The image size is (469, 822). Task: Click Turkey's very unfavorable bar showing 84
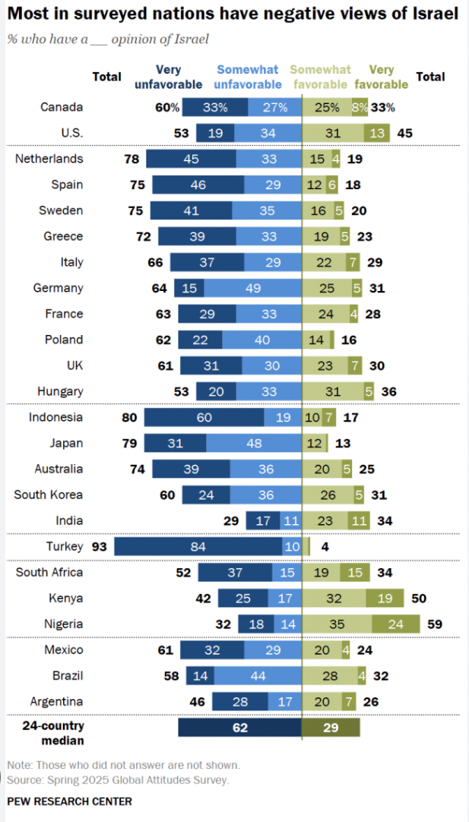198,546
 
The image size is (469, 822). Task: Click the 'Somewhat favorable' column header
321,77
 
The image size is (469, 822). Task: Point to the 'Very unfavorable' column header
168,77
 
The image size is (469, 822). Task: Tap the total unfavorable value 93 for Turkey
99,546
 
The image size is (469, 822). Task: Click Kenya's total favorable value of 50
418,598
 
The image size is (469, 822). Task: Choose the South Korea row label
48,495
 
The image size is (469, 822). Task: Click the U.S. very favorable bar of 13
376,133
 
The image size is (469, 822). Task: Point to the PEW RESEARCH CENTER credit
69,801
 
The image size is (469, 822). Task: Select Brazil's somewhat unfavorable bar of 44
258,675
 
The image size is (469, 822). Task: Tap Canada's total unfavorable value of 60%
167,107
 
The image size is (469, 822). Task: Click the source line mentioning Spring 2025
118,779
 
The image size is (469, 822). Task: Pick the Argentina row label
56,701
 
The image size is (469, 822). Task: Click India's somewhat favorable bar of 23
325,520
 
